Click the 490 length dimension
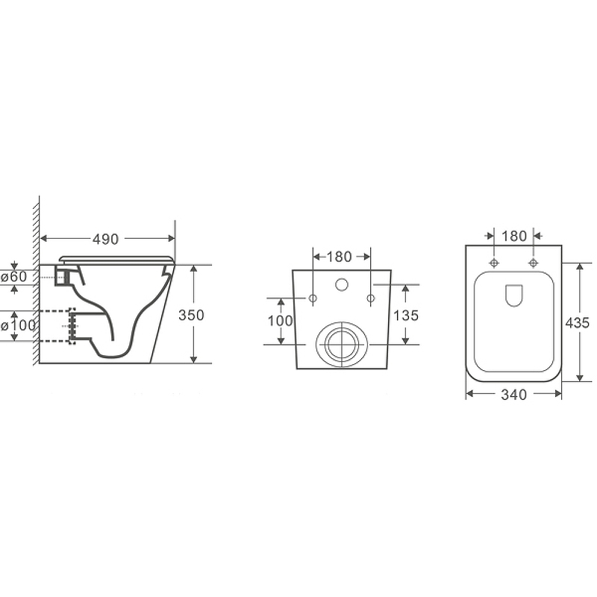tap(105, 239)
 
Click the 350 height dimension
tap(191, 315)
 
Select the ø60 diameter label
tap(14, 277)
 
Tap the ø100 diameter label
tap(18, 326)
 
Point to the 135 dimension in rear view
tap(406, 316)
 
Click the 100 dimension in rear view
tap(281, 321)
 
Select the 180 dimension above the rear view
tap(339, 257)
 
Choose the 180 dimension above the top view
tap(514, 237)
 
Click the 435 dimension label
tap(577, 323)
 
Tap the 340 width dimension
tap(514, 395)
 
